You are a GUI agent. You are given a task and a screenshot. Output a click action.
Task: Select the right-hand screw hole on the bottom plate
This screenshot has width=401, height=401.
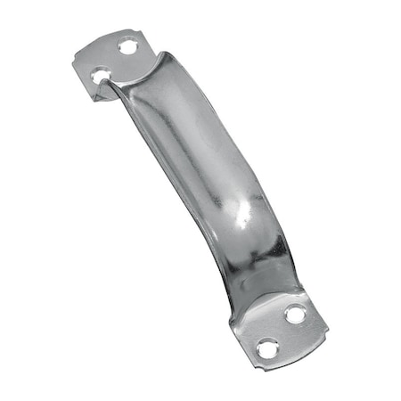(x=294, y=313)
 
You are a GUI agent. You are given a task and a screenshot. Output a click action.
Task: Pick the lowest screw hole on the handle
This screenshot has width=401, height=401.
(x=265, y=348)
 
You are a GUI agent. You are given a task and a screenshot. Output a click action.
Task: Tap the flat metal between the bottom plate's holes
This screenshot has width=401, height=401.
(x=280, y=331)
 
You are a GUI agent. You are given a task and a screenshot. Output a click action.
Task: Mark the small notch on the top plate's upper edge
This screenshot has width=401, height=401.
(x=114, y=37)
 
